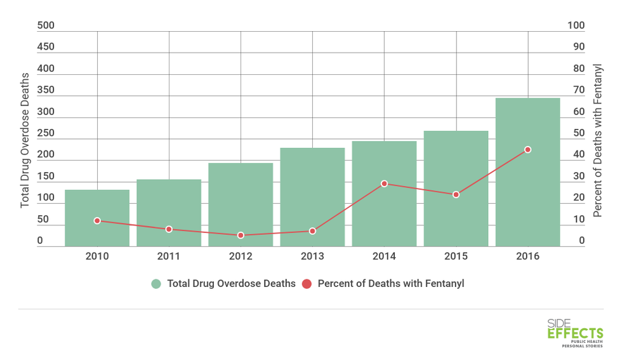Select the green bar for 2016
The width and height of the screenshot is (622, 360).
point(527,172)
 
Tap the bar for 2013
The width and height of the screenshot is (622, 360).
point(312,197)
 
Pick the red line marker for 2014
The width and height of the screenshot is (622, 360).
point(384,183)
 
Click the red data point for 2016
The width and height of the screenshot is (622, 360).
point(527,150)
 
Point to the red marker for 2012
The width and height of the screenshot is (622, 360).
point(241,236)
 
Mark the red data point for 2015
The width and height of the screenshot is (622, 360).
point(456,194)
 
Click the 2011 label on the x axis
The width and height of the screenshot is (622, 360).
point(169,257)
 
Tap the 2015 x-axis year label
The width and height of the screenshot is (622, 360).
point(456,257)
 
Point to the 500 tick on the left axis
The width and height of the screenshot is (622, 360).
point(46,26)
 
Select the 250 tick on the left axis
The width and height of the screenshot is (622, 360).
point(46,134)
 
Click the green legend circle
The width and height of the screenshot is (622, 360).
point(156,284)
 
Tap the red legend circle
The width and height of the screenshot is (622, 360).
point(307,284)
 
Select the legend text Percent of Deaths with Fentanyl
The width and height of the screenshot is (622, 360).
point(391,284)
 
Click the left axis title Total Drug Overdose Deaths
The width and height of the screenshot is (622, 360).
point(25,140)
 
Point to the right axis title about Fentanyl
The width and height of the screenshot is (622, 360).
point(597,140)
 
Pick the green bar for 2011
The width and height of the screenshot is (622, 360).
point(169,213)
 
